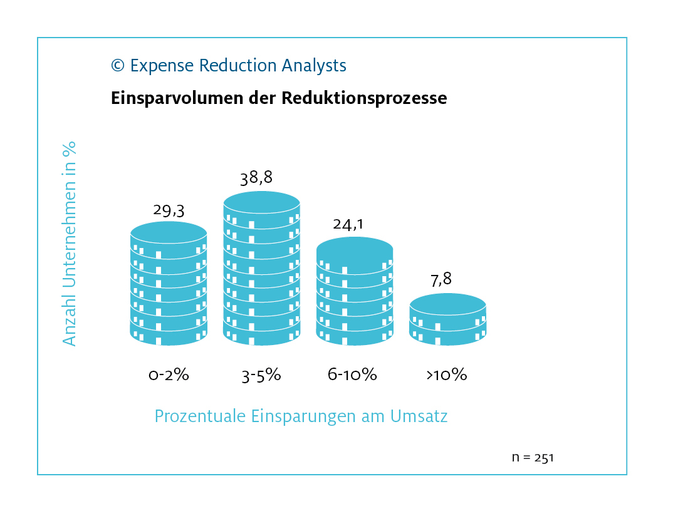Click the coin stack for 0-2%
point(169,284)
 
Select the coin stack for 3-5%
point(261,269)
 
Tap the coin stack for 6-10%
point(355,292)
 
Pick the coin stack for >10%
point(447,319)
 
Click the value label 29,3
point(169,210)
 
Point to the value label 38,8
point(256,178)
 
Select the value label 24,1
point(348,224)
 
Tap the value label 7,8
point(441,280)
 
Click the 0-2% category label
point(169,374)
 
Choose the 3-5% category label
point(261,376)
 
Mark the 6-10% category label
point(352,374)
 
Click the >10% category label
point(447,374)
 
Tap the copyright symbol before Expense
point(118,65)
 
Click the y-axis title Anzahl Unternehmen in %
point(69,244)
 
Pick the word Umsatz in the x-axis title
point(419,416)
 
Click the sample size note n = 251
point(533,457)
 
